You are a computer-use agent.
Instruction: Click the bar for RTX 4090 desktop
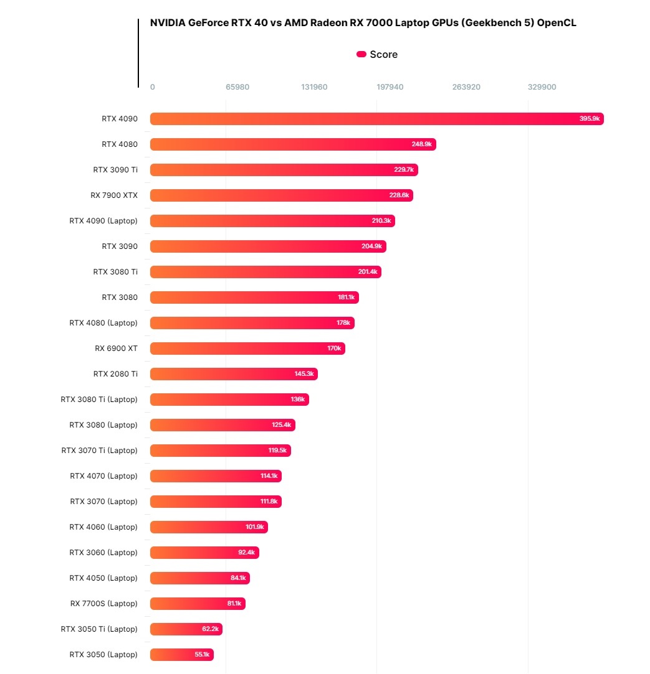pyautogui.click(x=376, y=119)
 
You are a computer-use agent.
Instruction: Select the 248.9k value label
pyautogui.click(x=422, y=144)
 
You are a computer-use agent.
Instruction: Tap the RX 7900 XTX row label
pyautogui.click(x=114, y=195)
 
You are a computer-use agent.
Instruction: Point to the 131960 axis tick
pyautogui.click(x=314, y=87)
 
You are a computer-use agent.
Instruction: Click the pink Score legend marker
pyautogui.click(x=361, y=55)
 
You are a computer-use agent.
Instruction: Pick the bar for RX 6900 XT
pyautogui.click(x=247, y=349)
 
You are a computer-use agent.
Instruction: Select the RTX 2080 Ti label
pyautogui.click(x=115, y=374)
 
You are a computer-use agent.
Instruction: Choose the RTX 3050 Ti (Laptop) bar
pyautogui.click(x=186, y=629)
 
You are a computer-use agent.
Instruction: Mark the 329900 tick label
pyautogui.click(x=542, y=87)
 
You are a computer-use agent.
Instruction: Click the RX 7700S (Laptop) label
pyautogui.click(x=104, y=604)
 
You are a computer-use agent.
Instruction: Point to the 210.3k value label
pyautogui.click(x=381, y=221)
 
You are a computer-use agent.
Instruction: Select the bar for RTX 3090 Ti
pyautogui.click(x=284, y=170)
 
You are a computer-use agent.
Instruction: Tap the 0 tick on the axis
pyautogui.click(x=153, y=87)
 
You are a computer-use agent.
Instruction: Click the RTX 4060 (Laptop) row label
pyautogui.click(x=103, y=527)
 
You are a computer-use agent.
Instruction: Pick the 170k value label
pyautogui.click(x=334, y=349)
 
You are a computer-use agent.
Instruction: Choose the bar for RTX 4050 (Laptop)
pyautogui.click(x=199, y=578)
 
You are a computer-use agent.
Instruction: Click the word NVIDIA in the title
pyautogui.click(x=167, y=23)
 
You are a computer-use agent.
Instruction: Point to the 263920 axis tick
pyautogui.click(x=466, y=87)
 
